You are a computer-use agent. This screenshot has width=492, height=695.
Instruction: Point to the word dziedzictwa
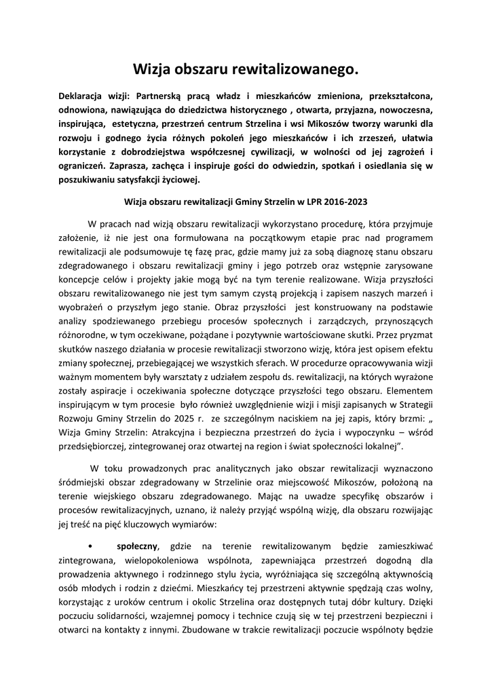229,110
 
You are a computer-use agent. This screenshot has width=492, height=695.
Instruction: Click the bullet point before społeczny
90,546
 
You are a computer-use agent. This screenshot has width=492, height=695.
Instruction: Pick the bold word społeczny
137,546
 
